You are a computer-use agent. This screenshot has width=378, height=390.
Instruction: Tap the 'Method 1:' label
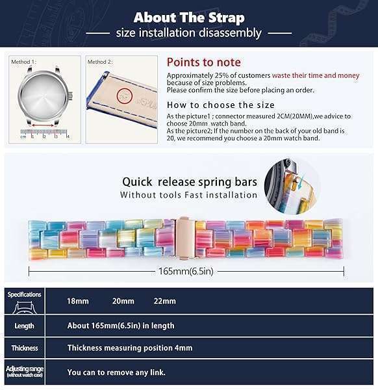coord(24,62)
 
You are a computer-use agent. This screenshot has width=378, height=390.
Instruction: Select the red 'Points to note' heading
coord(203,62)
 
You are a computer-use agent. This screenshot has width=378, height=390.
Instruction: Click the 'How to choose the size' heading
coord(220,105)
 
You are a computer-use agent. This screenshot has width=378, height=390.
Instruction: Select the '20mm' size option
coord(123,302)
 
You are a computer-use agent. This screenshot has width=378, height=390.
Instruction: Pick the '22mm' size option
coord(164,302)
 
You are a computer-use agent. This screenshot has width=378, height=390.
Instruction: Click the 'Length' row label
coord(24,325)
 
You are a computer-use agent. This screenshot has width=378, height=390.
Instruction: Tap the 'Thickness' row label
coord(24,348)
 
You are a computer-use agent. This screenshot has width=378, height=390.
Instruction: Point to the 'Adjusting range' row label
coord(24,371)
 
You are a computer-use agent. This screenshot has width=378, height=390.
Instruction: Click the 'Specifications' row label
coord(24,295)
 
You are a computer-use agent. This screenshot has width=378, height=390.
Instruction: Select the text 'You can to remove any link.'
coord(116,372)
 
